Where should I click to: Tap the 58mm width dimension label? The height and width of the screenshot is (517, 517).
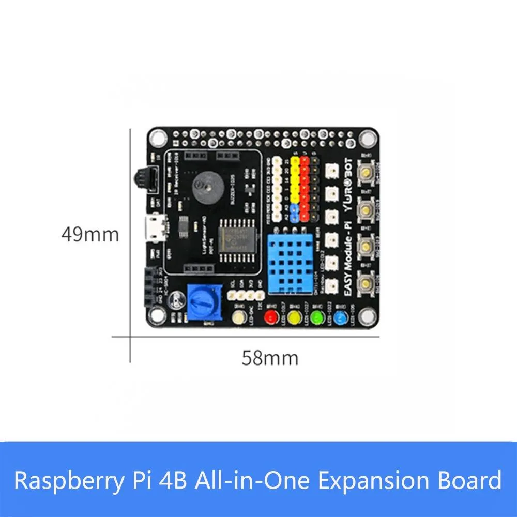270,357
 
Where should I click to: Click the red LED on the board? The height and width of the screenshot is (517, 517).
270,316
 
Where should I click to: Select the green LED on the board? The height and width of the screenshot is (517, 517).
316,316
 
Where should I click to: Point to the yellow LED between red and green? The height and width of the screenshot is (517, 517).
294,316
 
